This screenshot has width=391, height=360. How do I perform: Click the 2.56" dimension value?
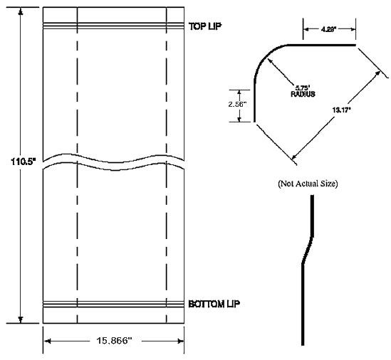pos(236,104)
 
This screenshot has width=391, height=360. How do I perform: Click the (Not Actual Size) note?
pos(307,184)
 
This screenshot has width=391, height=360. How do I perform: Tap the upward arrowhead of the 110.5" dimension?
pos(22,11)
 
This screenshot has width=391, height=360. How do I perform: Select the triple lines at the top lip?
pos(114,26)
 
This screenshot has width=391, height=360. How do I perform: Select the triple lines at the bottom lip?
pos(114,305)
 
